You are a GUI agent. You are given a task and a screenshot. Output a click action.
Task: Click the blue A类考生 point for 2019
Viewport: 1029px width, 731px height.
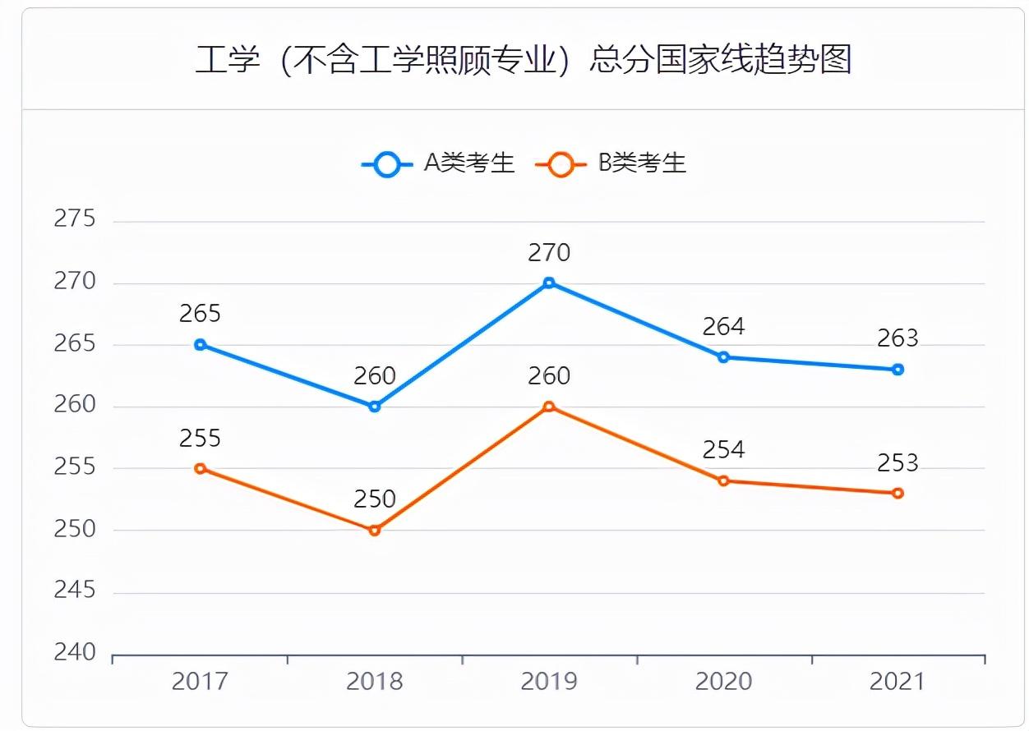pyautogui.click(x=549, y=283)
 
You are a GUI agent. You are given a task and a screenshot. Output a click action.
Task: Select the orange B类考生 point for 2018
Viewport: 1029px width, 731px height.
pyautogui.click(x=375, y=530)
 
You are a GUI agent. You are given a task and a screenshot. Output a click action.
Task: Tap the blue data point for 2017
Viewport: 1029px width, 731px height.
pyautogui.click(x=200, y=345)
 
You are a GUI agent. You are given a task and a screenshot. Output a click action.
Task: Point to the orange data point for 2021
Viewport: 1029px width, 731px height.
pyautogui.click(x=897, y=493)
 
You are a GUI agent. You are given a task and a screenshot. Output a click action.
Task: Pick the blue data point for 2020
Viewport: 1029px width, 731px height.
pyautogui.click(x=723, y=357)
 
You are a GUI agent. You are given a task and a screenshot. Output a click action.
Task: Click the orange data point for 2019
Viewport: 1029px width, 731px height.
pyautogui.click(x=549, y=407)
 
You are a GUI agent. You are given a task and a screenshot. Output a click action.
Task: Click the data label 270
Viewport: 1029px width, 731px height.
pyautogui.click(x=549, y=253)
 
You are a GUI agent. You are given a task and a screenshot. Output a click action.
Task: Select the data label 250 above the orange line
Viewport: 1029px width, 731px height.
pyautogui.click(x=375, y=499)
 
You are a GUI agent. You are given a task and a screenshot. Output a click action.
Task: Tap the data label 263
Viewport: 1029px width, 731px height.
pyautogui.click(x=897, y=338)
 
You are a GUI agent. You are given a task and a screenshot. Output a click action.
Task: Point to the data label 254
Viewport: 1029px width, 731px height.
pyautogui.click(x=723, y=450)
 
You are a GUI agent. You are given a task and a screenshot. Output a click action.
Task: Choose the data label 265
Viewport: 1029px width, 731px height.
pyautogui.click(x=200, y=314)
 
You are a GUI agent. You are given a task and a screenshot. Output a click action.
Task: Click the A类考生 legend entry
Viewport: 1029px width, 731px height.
pyautogui.click(x=438, y=163)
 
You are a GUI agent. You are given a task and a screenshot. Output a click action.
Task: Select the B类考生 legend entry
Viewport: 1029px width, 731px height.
pyautogui.click(x=611, y=163)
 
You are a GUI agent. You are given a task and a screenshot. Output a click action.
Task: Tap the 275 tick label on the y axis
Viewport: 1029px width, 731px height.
pyautogui.click(x=75, y=219)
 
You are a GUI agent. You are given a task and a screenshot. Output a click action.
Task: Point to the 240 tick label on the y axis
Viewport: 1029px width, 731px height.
pyautogui.click(x=75, y=653)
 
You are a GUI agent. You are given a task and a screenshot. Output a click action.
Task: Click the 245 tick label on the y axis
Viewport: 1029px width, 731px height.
pyautogui.click(x=75, y=591)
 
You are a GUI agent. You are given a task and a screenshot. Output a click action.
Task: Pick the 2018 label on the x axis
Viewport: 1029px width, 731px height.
pyautogui.click(x=375, y=682)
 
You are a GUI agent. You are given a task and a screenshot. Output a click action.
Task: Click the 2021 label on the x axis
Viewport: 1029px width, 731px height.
pyautogui.click(x=897, y=682)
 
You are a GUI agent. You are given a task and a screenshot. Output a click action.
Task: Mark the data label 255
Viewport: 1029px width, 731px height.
pyautogui.click(x=200, y=438)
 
